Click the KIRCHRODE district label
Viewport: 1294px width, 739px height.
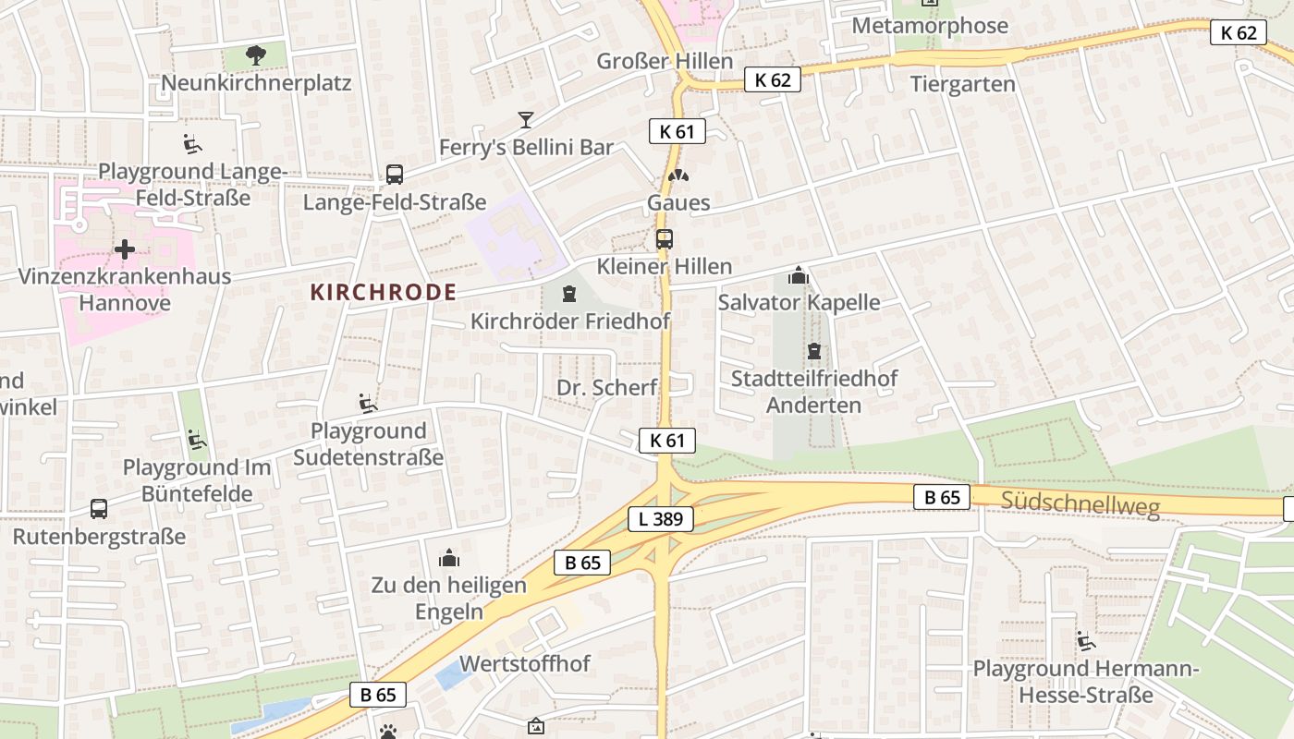[383, 293]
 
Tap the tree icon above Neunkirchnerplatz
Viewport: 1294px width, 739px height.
[256, 55]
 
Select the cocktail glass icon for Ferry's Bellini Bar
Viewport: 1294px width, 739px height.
[526, 119]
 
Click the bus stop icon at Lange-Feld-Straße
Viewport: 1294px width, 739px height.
[394, 174]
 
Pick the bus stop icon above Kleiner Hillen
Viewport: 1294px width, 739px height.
[664, 239]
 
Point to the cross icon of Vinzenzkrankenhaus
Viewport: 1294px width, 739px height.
[125, 248]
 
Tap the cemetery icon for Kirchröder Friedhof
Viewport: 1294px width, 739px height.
[569, 294]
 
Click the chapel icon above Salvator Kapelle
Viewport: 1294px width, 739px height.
[799, 275]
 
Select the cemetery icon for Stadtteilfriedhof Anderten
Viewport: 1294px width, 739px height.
[813, 351]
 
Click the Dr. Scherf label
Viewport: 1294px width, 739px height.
[606, 387]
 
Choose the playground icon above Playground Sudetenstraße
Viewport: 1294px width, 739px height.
[368, 403]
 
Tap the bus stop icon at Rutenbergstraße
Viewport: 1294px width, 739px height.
[99, 508]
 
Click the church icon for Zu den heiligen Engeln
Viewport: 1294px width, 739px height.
[449, 558]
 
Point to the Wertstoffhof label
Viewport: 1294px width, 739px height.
[524, 663]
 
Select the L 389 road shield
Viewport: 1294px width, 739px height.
[661, 519]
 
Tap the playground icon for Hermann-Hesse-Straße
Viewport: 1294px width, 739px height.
[1085, 640]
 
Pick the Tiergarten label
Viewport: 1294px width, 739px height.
[962, 84]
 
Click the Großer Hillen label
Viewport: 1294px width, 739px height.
[665, 61]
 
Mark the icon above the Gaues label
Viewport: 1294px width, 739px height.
[678, 175]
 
